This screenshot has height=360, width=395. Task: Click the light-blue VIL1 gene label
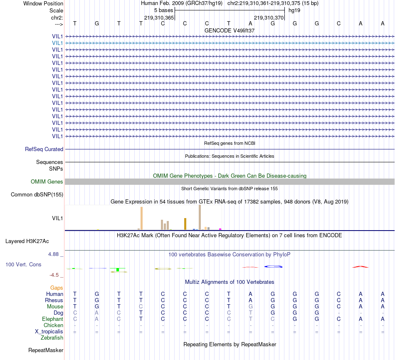pyautogui.click(x=57, y=43)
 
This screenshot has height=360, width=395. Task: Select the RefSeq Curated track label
pyautogui.click(x=44, y=149)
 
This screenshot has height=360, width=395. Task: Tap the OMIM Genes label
pyautogui.click(x=47, y=182)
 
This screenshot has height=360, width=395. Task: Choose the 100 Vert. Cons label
pyautogui.click(x=23, y=264)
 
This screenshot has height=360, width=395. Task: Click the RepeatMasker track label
pyautogui.click(x=46, y=350)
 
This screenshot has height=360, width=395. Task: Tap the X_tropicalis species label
pyautogui.click(x=49, y=332)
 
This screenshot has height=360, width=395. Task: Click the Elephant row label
pyautogui.click(x=52, y=319)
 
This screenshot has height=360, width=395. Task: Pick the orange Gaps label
pyautogui.click(x=57, y=288)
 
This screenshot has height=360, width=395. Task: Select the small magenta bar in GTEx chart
pyautogui.click(x=220, y=229)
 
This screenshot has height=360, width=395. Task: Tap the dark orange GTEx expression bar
pyautogui.click(x=185, y=224)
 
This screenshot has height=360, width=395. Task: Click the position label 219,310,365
pyautogui.click(x=159, y=18)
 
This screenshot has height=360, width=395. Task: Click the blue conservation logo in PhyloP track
pyautogui.click(x=273, y=266)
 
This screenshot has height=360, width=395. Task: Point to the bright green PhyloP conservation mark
pyautogui.click(x=118, y=270)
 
